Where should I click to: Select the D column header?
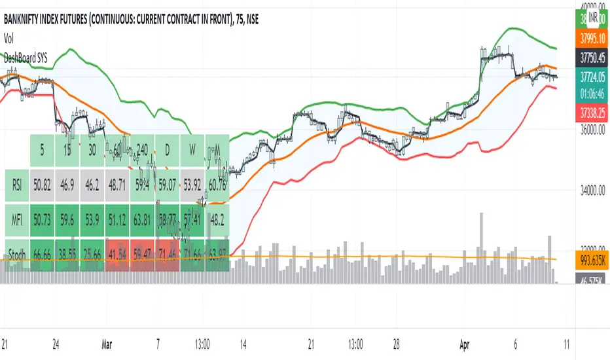tap(167, 150)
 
